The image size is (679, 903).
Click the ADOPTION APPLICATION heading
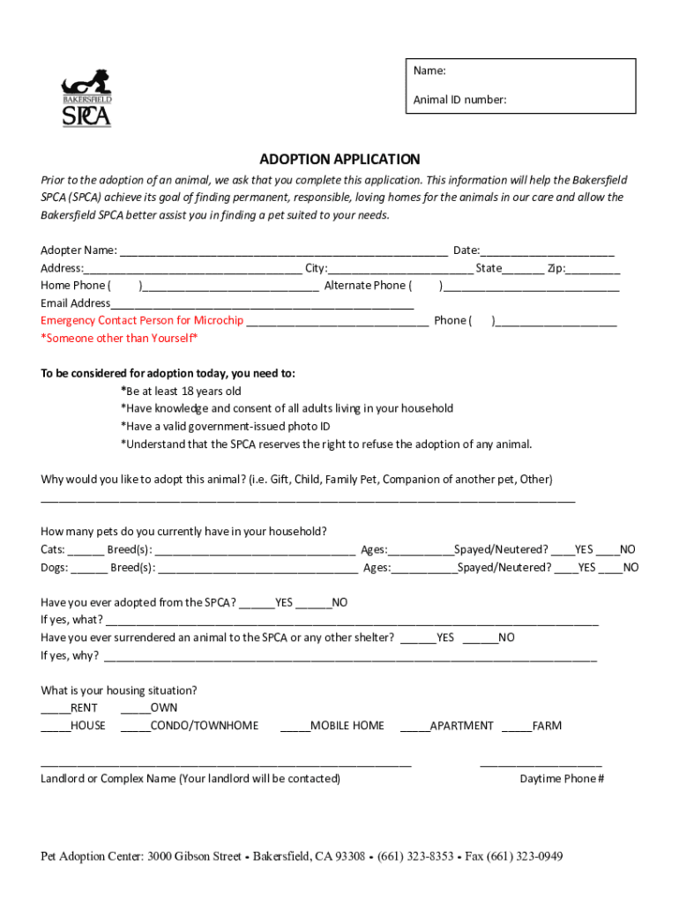(x=339, y=160)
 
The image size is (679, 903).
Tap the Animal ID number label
(x=459, y=100)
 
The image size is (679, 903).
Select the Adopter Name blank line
(x=283, y=250)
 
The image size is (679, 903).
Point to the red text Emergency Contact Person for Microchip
(x=142, y=320)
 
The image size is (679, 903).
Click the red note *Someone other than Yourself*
(x=119, y=339)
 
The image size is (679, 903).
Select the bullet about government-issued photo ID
(x=225, y=426)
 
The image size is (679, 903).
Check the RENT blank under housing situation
(x=55, y=708)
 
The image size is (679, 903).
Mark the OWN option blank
(x=135, y=708)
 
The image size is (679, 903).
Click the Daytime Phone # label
(x=562, y=779)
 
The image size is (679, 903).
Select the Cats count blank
(x=86, y=549)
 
